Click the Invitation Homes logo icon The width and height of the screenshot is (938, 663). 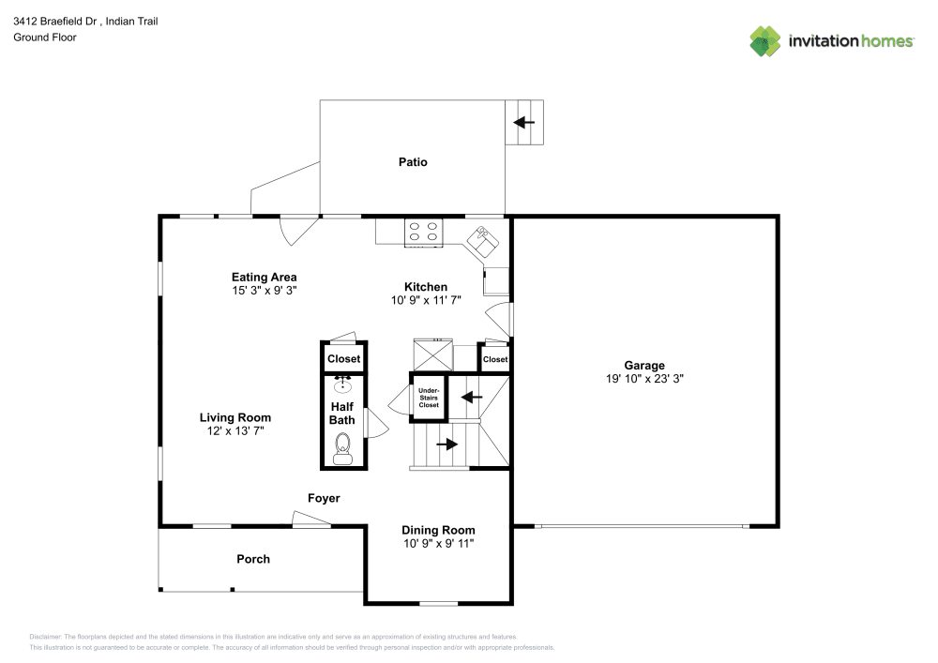click(x=765, y=41)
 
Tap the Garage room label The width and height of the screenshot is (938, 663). click(x=644, y=366)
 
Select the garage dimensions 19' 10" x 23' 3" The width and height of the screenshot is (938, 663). click(x=644, y=380)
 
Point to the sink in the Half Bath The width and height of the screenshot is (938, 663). click(x=343, y=383)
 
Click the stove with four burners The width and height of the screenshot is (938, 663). click(x=423, y=232)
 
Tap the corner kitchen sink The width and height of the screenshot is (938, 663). click(x=486, y=239)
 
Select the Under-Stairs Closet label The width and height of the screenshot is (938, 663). click(x=429, y=397)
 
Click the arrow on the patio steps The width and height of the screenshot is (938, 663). click(x=524, y=122)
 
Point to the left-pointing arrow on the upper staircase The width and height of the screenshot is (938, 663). click(x=472, y=397)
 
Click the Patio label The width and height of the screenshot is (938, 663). click(x=413, y=162)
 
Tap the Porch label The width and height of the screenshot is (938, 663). click(x=253, y=559)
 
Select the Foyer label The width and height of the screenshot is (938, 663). click(x=324, y=498)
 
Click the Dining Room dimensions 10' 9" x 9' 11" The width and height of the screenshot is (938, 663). click(x=439, y=544)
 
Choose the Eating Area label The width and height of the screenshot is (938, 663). click(x=265, y=277)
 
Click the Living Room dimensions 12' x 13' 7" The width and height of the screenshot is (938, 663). click(x=235, y=431)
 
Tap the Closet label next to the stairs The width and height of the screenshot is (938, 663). click(x=494, y=359)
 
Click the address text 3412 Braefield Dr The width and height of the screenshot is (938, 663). click(x=57, y=21)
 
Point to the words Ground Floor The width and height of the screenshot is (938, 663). click(x=45, y=38)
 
